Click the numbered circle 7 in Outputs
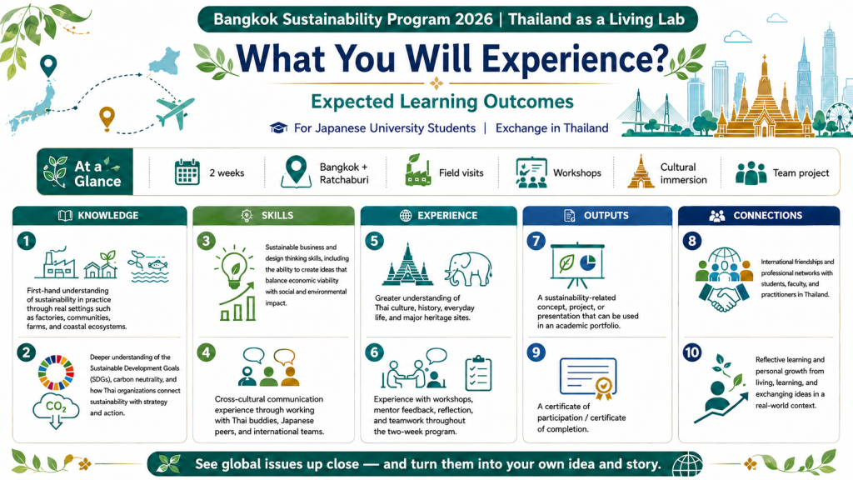coord(536,241)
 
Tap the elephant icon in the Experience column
coord(468,269)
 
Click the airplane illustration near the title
coord(174,112)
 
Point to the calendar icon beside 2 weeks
coord(187,172)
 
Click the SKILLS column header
coord(277,216)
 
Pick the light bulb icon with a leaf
coord(234,267)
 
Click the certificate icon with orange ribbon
coord(588,377)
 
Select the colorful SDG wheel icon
coord(56,372)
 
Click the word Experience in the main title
coord(575,59)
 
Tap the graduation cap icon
coord(278,127)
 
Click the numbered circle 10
coord(692,352)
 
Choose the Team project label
coord(801,173)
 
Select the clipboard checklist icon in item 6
coord(479,373)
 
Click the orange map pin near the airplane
coord(107,118)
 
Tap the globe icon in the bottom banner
coord(687,464)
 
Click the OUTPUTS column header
coord(596,216)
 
